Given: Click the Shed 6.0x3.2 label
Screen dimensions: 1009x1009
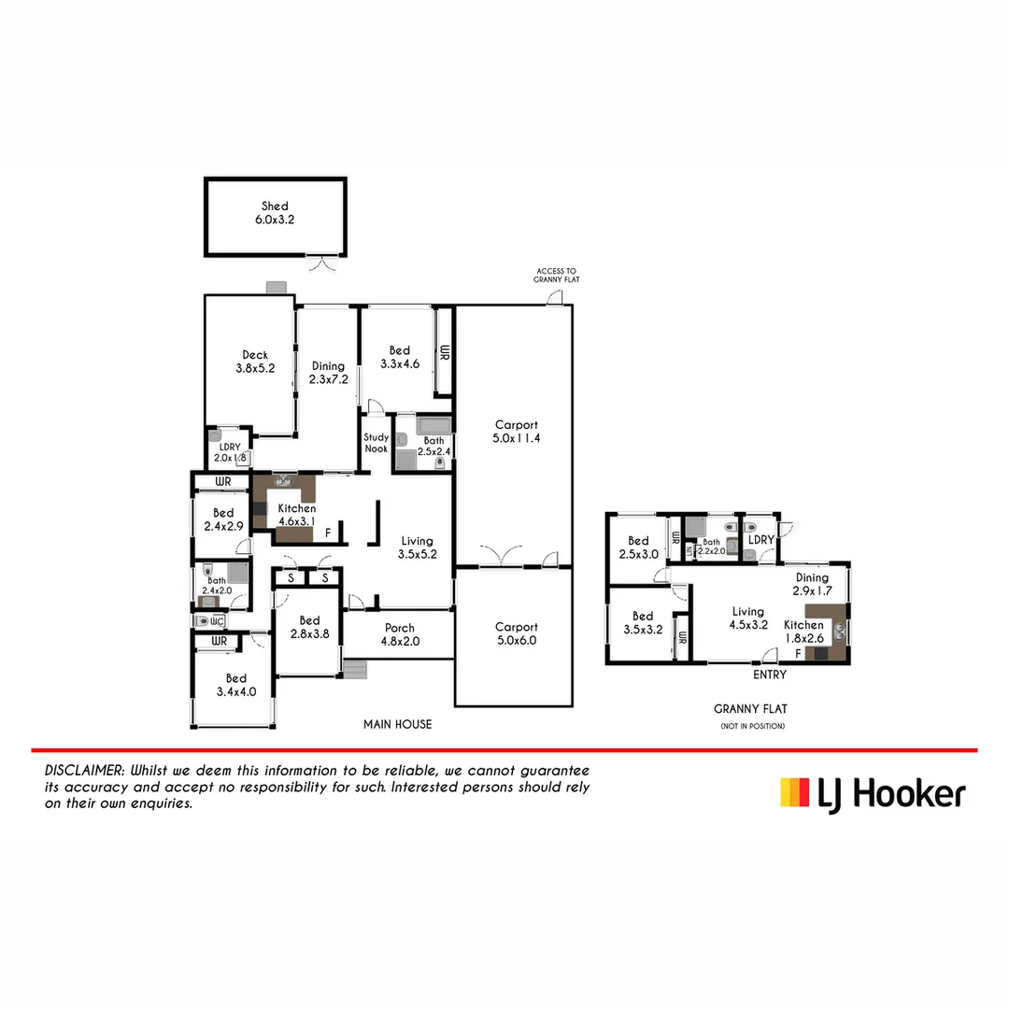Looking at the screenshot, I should [275, 212].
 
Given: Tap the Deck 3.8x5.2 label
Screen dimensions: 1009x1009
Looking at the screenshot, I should [255, 361].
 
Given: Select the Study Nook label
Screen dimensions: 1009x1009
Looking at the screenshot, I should [376, 443].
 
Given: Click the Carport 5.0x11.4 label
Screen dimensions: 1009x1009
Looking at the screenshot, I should [517, 431].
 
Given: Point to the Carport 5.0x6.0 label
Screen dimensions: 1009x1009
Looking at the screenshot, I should [517, 633].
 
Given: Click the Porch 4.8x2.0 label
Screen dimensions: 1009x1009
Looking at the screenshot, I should [399, 633].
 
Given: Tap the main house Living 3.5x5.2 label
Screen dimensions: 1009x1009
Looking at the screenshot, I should [417, 547].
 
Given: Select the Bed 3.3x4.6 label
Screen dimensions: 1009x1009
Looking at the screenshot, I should [399, 357].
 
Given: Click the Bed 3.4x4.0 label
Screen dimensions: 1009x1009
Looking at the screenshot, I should [235, 685].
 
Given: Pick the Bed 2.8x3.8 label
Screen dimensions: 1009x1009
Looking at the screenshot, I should [309, 627].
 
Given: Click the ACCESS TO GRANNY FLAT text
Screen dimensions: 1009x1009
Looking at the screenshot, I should [555, 275].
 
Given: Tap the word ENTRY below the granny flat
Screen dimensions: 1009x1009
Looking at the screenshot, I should [770, 674].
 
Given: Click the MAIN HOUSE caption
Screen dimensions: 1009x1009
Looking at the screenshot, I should [398, 724].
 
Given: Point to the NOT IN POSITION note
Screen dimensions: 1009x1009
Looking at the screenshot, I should [752, 726].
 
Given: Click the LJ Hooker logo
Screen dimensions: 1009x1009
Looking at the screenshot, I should [873, 793].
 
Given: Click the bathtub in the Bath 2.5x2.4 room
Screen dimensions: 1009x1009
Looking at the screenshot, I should [433, 427].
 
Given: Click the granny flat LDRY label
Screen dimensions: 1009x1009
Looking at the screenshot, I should [761, 540].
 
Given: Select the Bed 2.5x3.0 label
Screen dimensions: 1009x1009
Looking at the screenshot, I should [638, 547].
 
